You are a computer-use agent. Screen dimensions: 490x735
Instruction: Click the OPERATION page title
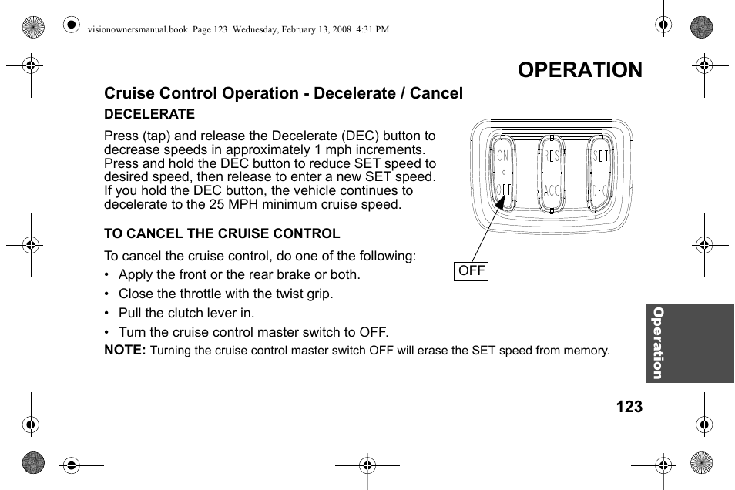pos(579,69)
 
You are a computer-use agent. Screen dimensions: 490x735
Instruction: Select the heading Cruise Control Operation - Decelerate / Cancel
pos(284,93)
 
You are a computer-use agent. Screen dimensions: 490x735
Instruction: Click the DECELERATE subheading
pos(149,114)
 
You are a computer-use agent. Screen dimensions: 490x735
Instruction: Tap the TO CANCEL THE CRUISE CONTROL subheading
pos(222,233)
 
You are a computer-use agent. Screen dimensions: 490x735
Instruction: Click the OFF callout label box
pos(472,271)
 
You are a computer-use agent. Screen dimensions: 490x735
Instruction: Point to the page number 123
pos(629,407)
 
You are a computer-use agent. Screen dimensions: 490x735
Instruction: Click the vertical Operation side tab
pos(657,343)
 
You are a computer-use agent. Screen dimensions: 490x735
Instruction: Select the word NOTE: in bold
pos(125,350)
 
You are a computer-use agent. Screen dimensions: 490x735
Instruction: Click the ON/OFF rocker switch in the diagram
pos(503,173)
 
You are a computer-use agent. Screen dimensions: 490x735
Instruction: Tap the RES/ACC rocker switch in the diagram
pos(551,173)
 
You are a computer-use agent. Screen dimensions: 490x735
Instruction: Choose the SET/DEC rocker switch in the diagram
pos(599,173)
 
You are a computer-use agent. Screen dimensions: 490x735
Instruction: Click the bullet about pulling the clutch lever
pos(186,313)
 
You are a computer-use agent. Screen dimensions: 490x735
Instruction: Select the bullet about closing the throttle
pos(226,294)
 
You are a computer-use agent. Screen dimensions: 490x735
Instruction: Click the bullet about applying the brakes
pos(239,274)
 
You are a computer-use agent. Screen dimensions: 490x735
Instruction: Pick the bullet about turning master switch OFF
pos(253,332)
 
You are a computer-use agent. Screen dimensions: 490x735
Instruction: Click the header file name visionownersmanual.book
pos(136,29)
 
